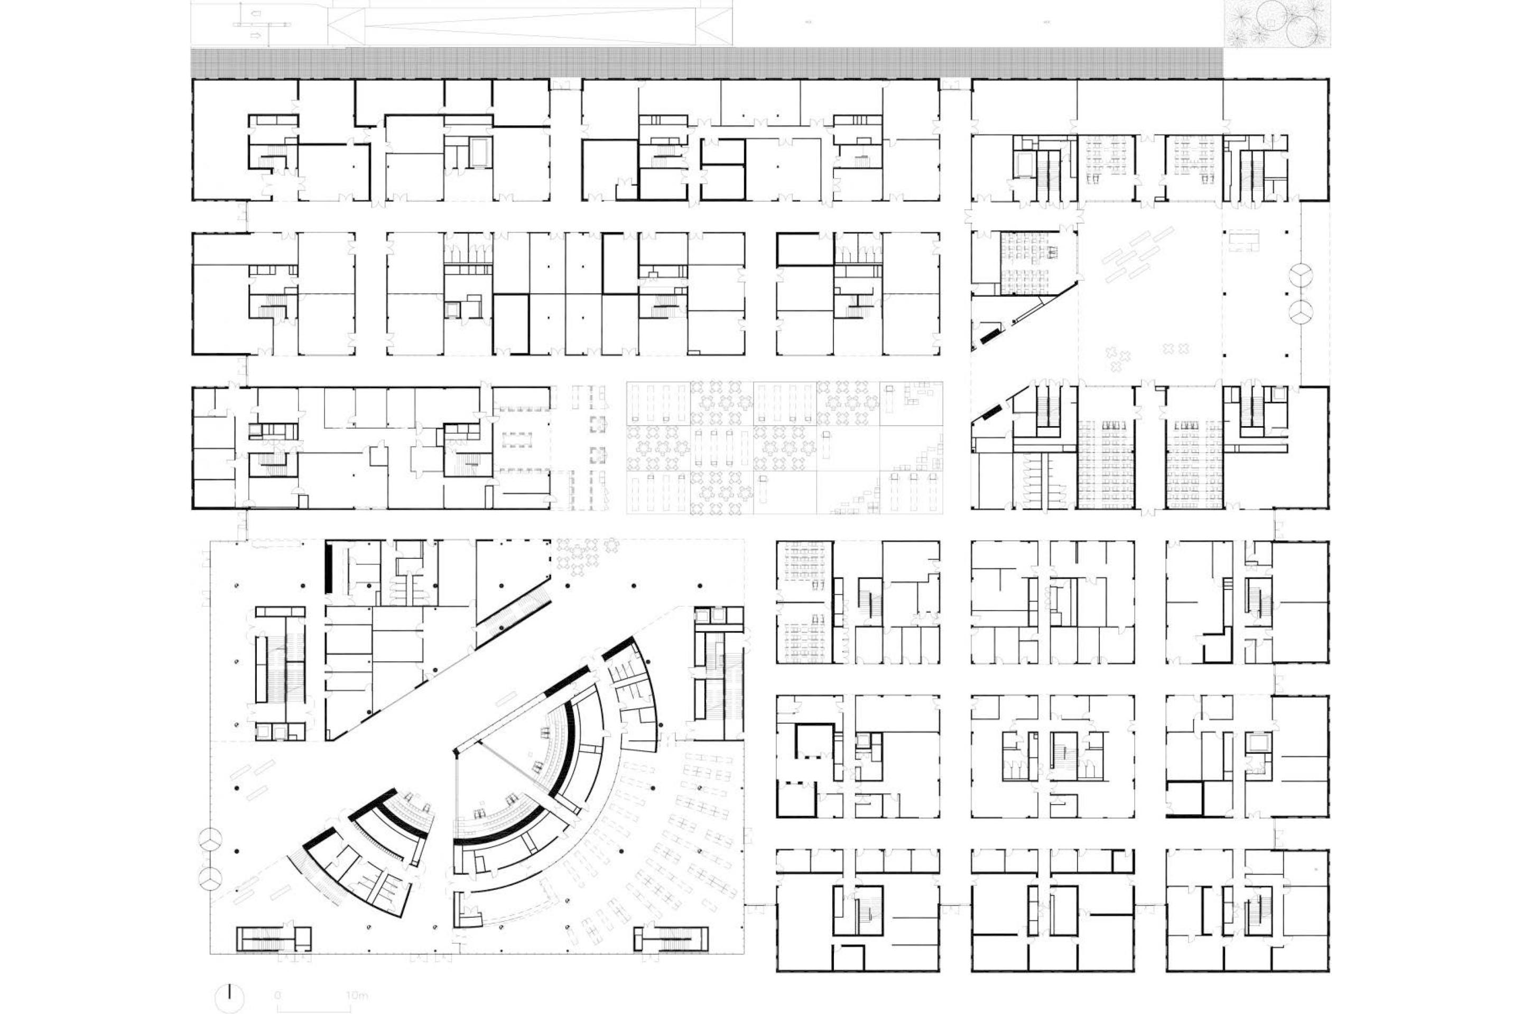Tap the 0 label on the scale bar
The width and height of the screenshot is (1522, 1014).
click(277, 995)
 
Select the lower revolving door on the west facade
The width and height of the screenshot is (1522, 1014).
click(210, 878)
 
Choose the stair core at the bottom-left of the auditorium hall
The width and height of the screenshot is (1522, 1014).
click(274, 938)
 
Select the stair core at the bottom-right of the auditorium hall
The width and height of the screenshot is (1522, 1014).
click(672, 938)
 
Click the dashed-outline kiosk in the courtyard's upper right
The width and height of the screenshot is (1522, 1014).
click(1241, 240)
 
